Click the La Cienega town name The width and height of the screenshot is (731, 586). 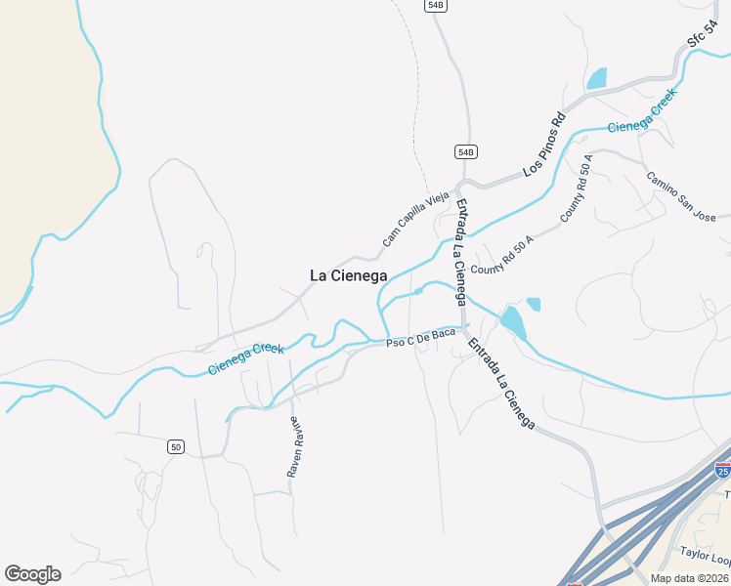pyautogui.click(x=348, y=275)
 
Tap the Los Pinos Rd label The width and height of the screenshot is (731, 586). pyautogui.click(x=544, y=146)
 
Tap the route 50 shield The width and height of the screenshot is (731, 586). pyautogui.click(x=175, y=446)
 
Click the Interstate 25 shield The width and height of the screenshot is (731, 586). pyautogui.click(x=722, y=471)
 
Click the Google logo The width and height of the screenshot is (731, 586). pyautogui.click(x=32, y=574)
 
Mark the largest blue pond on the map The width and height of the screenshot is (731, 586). pyautogui.click(x=512, y=320)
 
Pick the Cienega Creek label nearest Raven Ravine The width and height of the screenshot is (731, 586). pyautogui.click(x=246, y=358)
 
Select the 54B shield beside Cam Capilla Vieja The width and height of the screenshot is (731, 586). pyautogui.click(x=465, y=151)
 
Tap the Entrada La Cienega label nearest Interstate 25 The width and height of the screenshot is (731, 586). pyautogui.click(x=500, y=383)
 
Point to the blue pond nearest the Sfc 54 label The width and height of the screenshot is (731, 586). pyautogui.click(x=596, y=78)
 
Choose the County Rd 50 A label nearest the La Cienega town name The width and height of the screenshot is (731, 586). pyautogui.click(x=502, y=255)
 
